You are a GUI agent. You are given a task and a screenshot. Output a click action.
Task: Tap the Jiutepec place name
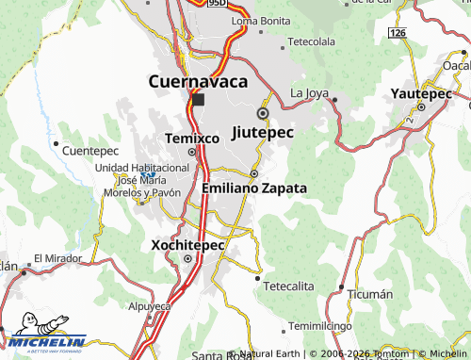click(x=262, y=133)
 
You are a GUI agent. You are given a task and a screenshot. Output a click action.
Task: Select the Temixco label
click(x=192, y=138)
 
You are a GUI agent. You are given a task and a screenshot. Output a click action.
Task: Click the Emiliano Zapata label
click(x=254, y=188)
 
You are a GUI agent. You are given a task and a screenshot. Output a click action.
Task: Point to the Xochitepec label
click(x=188, y=244)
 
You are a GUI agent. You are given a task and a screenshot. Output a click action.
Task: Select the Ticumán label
click(x=369, y=294)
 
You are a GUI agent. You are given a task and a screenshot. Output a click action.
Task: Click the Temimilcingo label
click(x=319, y=326)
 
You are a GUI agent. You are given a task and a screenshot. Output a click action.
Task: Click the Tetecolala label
click(x=311, y=42)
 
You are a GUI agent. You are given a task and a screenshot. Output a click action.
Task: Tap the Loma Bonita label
click(x=260, y=20)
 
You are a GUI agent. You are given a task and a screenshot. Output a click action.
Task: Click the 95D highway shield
click(x=218, y=4)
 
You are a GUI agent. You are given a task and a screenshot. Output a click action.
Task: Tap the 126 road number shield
click(x=397, y=32)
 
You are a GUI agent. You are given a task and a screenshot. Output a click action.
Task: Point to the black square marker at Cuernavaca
click(x=197, y=99)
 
